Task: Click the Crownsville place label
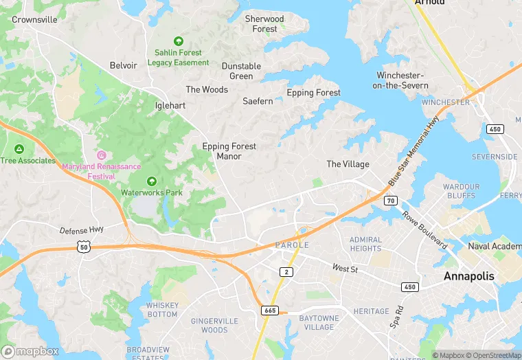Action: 34,20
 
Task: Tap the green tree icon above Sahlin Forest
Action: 179,41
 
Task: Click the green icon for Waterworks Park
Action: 152,182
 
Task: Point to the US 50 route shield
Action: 84,246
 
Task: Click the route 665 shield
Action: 270,311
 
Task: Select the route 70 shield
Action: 390,201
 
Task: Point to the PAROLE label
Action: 292,245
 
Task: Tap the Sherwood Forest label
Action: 264,24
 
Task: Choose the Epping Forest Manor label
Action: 229,151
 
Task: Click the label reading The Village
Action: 348,164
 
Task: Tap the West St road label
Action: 345,269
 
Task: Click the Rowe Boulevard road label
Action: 424,229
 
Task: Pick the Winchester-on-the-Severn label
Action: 402,80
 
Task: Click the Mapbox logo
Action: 30,351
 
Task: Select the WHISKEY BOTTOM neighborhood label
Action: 162,310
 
